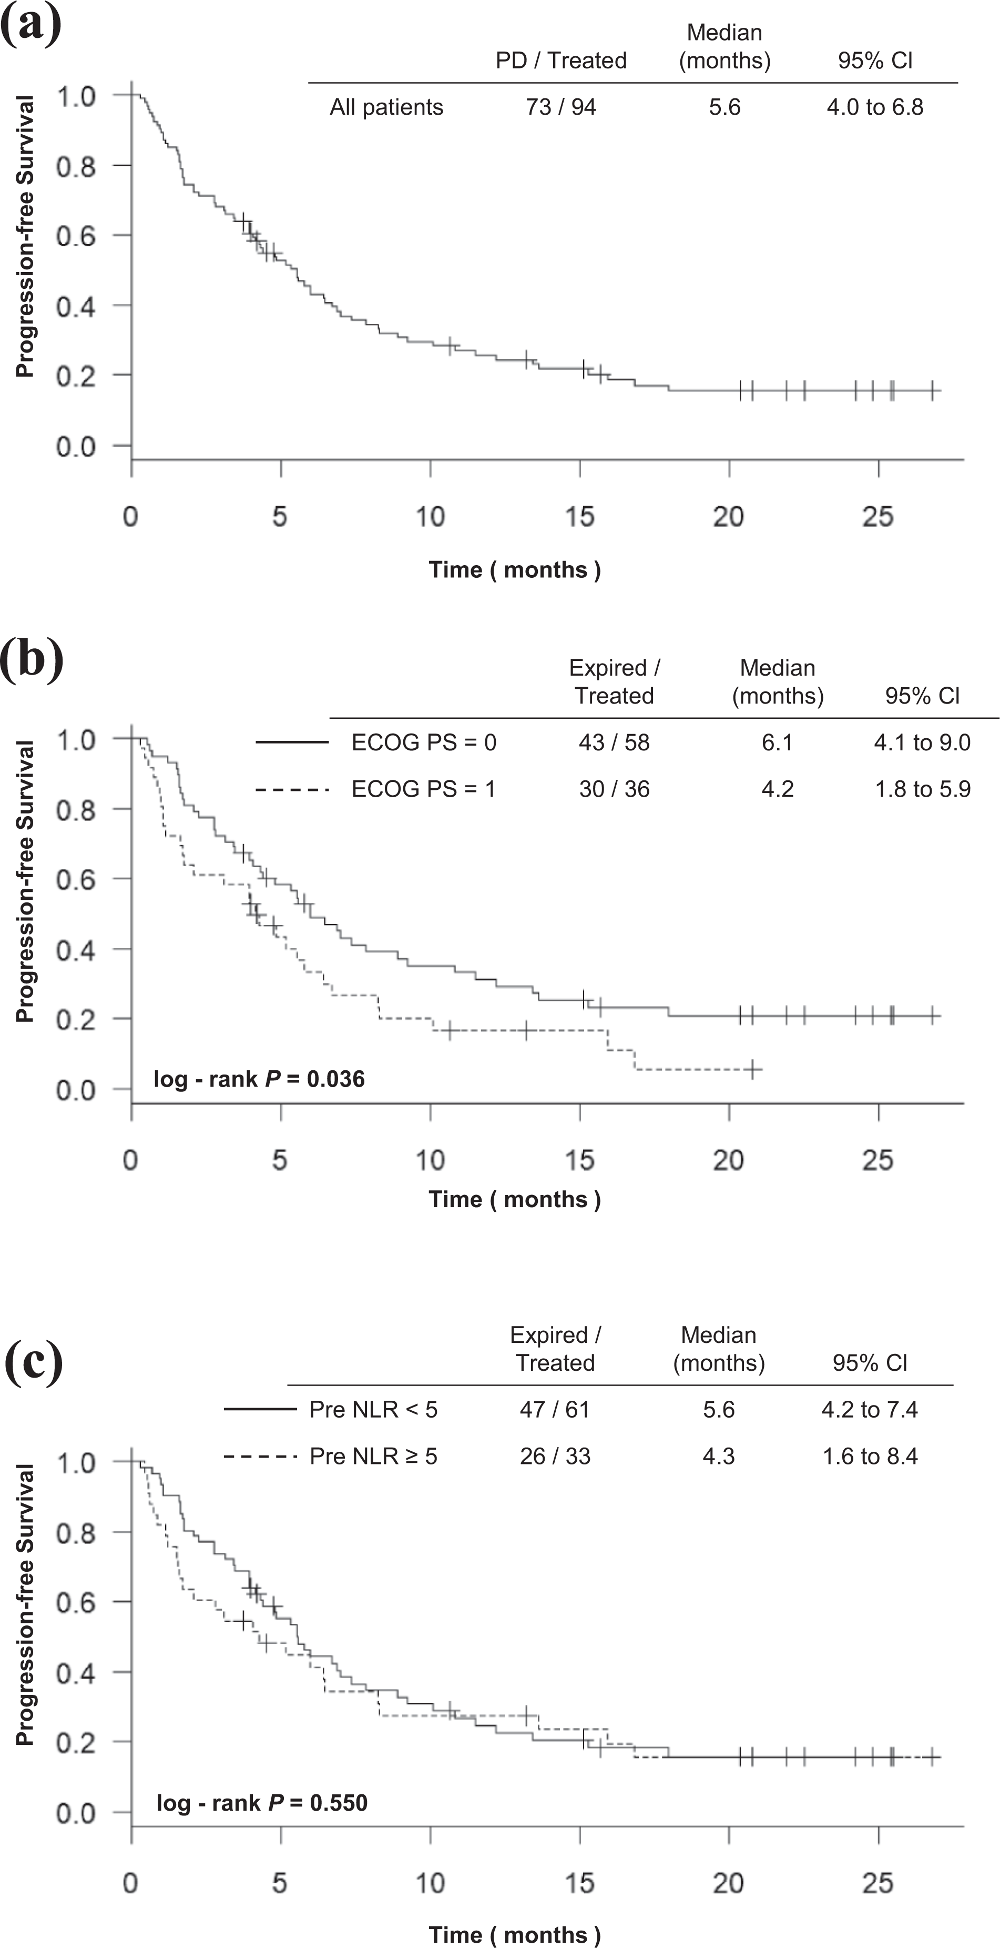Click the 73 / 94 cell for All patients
[x=561, y=107]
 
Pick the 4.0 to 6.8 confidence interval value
[x=874, y=107]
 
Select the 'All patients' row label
[x=386, y=107]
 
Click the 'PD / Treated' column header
[x=561, y=61]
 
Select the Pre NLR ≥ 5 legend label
[x=373, y=1457]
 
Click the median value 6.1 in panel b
[x=777, y=742]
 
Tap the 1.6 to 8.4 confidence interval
[x=870, y=1457]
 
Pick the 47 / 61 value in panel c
[x=555, y=1410]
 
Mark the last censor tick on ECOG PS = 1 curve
[x=753, y=1069]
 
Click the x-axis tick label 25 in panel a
[x=877, y=517]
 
